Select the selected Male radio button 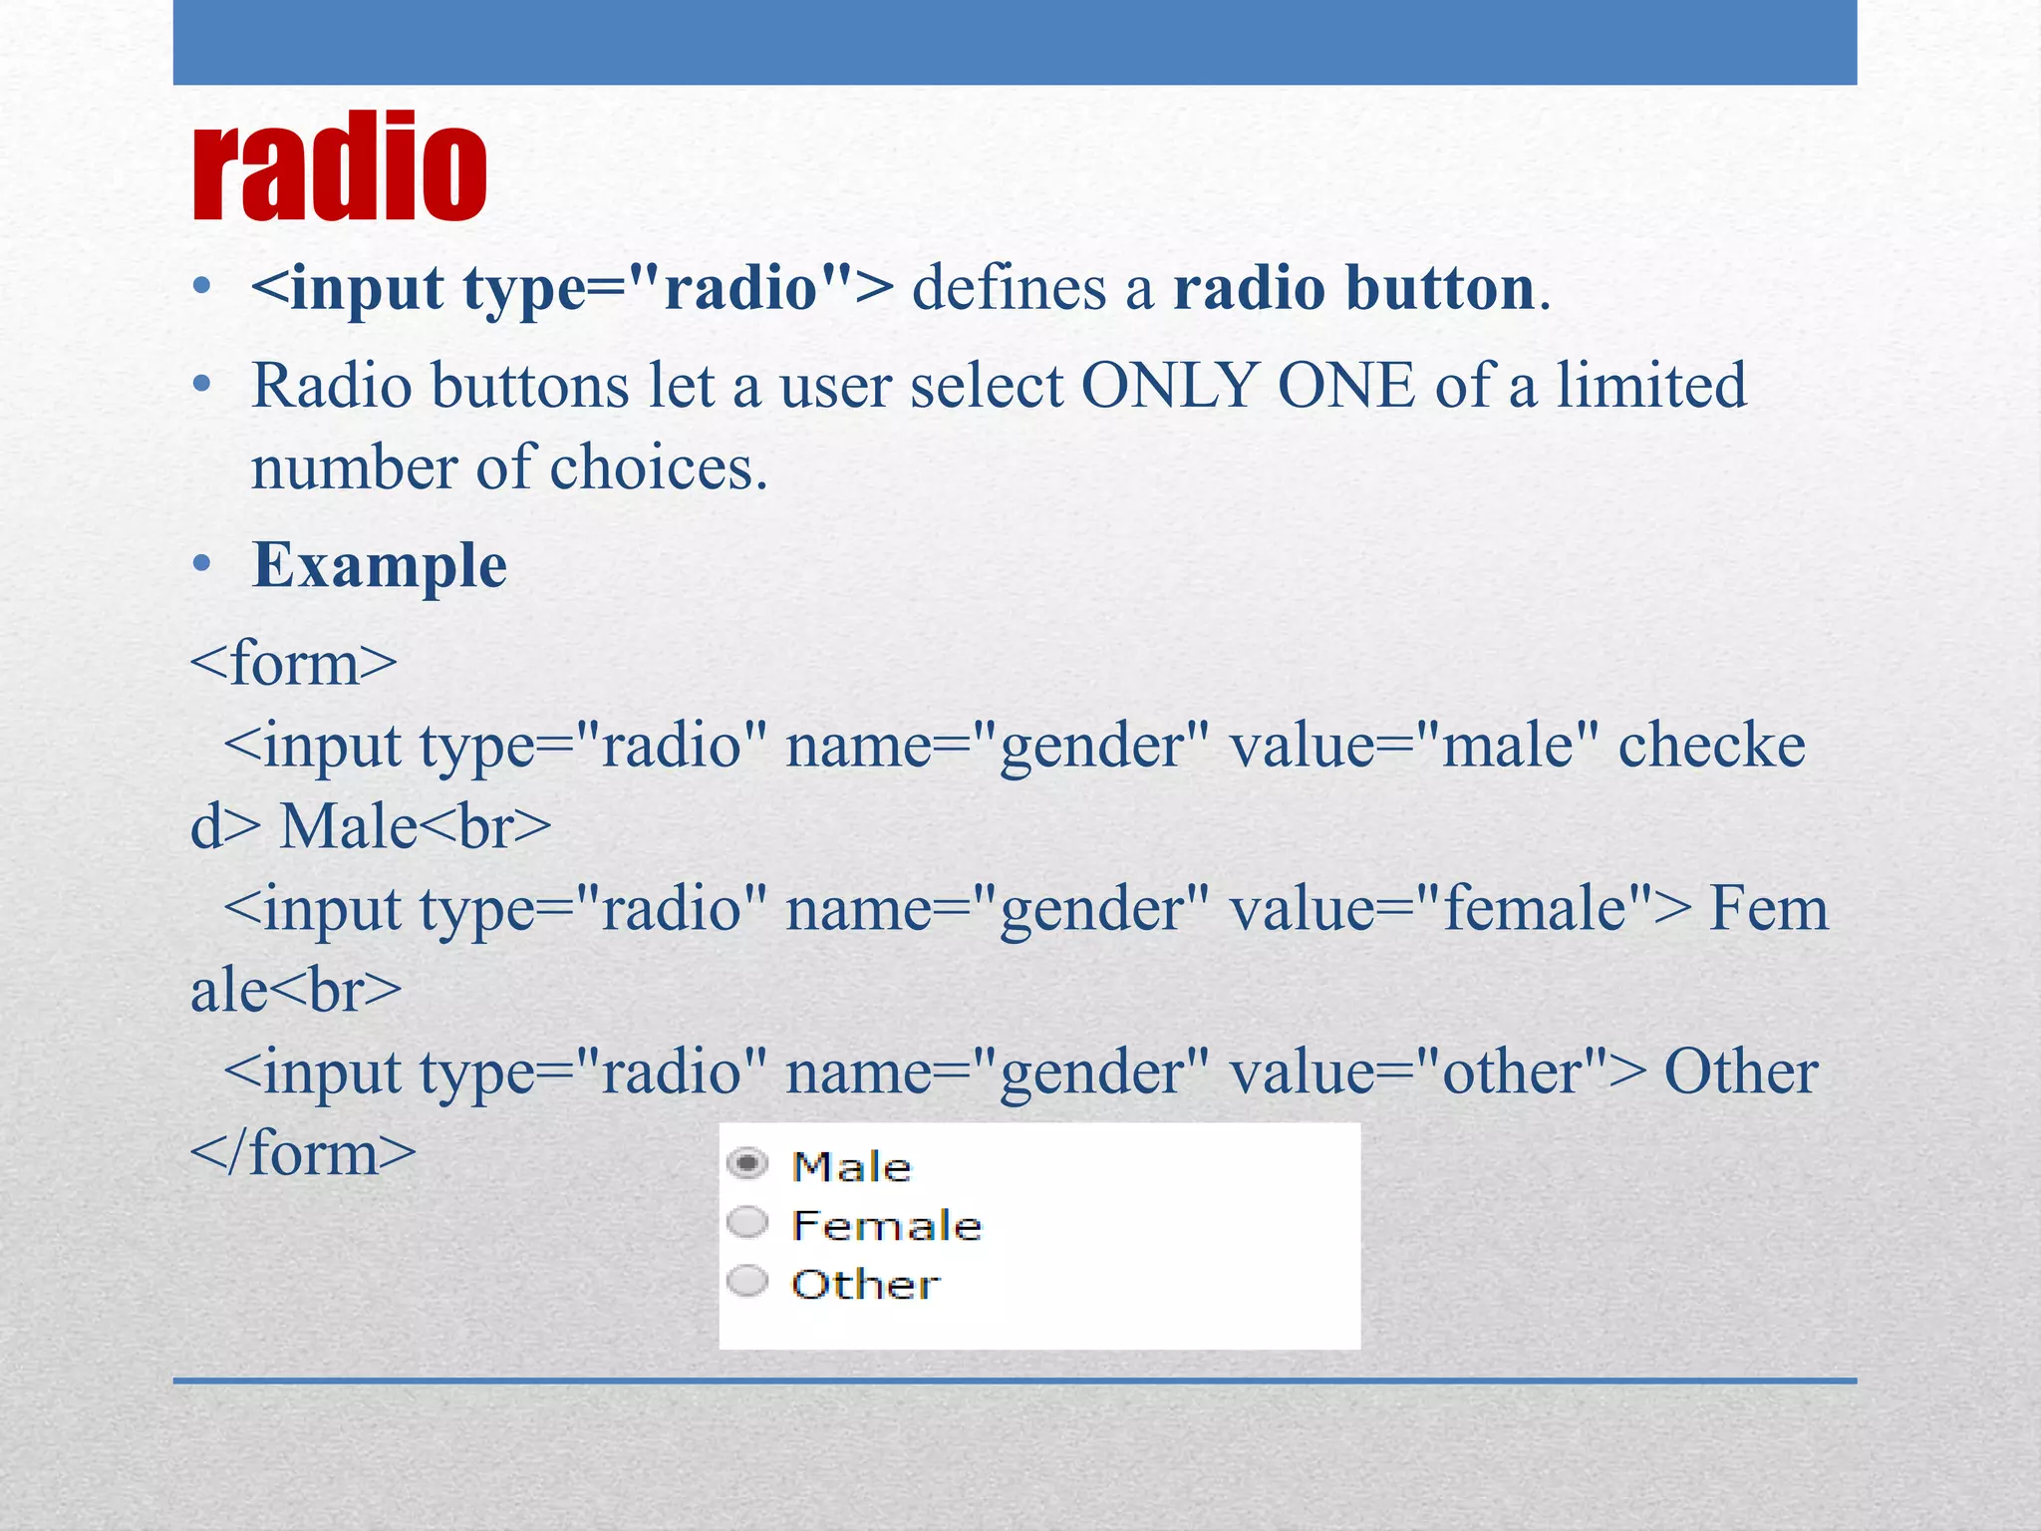(x=747, y=1163)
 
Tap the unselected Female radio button (x=747, y=1222)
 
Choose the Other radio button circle (x=747, y=1281)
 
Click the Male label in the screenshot (x=851, y=1166)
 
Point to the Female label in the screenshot (x=886, y=1225)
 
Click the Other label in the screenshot (x=865, y=1284)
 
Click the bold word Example (x=380, y=566)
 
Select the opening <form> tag (x=294, y=664)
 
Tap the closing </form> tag (x=303, y=1154)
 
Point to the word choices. (x=658, y=468)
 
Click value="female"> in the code (x=1460, y=910)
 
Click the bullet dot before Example (x=202, y=565)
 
